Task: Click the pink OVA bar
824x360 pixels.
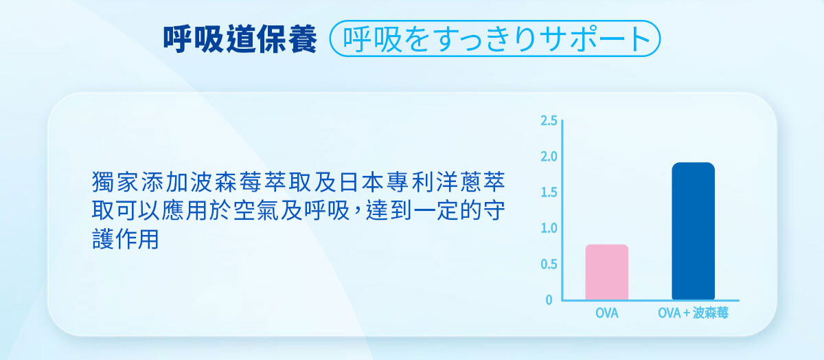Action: click(606, 272)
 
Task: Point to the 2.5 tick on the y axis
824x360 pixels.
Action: click(549, 121)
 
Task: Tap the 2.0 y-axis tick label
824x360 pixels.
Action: click(549, 157)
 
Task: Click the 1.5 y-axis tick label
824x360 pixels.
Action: click(549, 192)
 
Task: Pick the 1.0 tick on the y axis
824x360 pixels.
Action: click(549, 228)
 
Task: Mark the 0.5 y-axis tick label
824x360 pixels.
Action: click(549, 265)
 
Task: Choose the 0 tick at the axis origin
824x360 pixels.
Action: click(549, 300)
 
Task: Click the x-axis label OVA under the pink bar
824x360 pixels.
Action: click(606, 314)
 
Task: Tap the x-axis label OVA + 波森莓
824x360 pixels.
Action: click(693, 314)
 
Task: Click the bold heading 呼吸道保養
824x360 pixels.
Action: click(240, 40)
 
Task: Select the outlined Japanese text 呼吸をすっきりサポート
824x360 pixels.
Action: click(495, 40)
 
